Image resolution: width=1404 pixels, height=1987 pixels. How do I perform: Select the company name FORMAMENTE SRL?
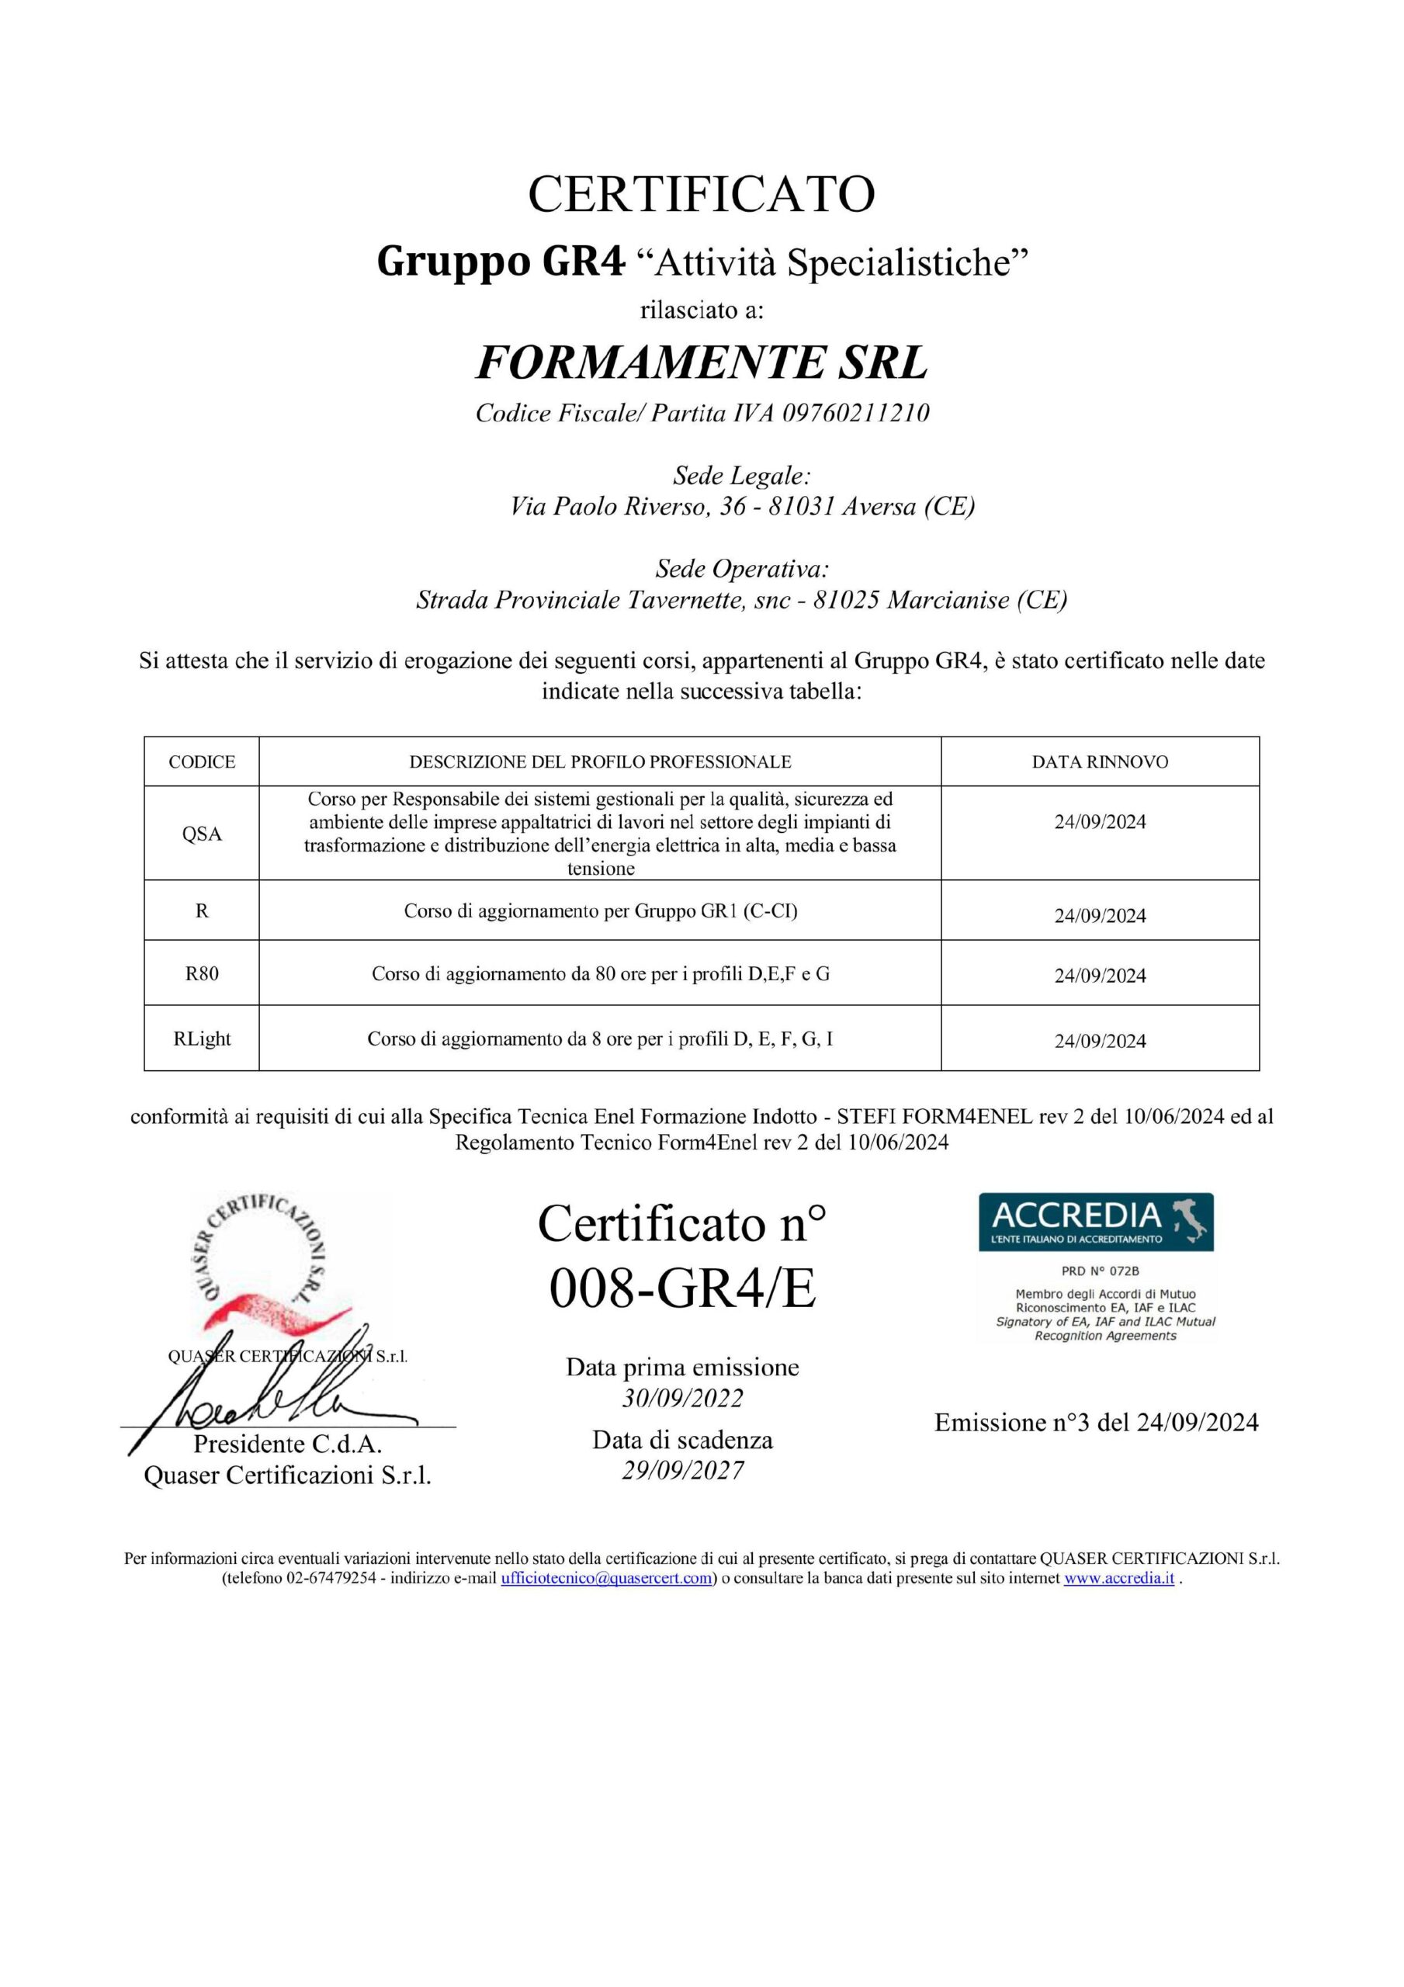click(701, 362)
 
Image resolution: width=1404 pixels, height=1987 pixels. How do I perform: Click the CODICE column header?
click(202, 761)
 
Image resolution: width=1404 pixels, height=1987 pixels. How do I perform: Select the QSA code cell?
click(202, 834)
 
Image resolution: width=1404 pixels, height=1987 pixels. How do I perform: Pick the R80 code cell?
click(202, 973)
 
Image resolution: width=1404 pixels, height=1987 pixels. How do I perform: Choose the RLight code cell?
click(202, 1039)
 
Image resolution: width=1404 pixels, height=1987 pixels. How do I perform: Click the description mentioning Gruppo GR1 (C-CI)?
click(601, 911)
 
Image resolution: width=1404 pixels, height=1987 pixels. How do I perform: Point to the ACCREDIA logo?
click(1095, 1221)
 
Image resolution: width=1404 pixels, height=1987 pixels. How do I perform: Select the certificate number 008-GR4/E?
click(682, 1289)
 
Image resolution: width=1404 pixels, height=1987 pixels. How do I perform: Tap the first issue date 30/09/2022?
click(682, 1399)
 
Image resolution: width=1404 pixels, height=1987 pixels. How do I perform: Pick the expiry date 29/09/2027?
click(682, 1470)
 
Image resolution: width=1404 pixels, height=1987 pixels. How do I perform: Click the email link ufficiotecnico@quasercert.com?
click(607, 1578)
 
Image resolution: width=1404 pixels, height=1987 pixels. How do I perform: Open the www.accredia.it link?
click(1118, 1578)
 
